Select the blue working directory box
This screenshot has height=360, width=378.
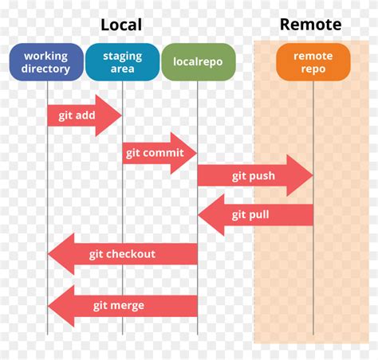pyautogui.click(x=46, y=62)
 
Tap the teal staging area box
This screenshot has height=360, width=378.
pyautogui.click(x=122, y=62)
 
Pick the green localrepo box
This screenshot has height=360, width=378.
pyautogui.click(x=198, y=62)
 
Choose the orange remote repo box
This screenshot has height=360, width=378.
pyautogui.click(x=313, y=62)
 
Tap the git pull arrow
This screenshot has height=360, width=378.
pyautogui.click(x=255, y=215)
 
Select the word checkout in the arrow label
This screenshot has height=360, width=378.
pyautogui.click(x=133, y=254)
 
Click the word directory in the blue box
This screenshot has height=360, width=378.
pyautogui.click(x=46, y=68)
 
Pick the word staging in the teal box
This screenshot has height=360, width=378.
pyautogui.click(x=122, y=56)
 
